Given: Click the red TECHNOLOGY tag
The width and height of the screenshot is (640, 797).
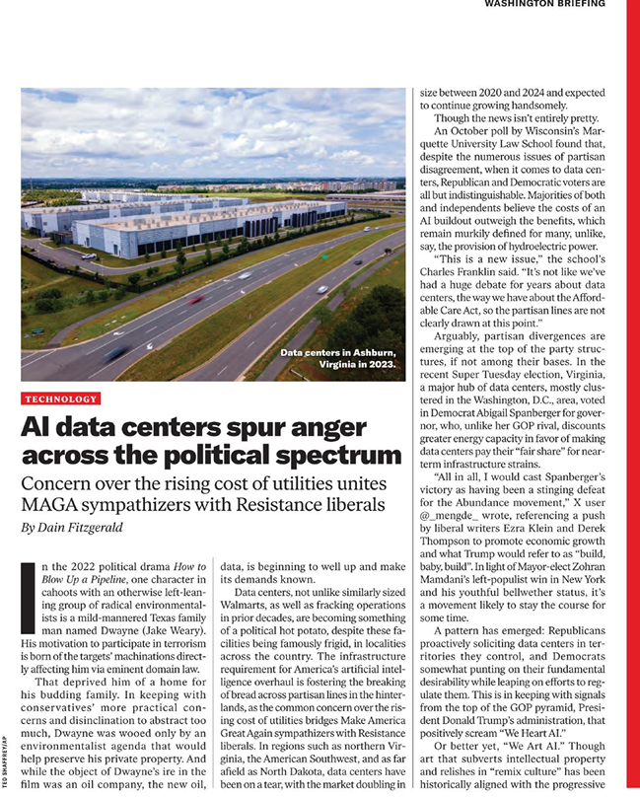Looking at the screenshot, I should pyautogui.click(x=61, y=398).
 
